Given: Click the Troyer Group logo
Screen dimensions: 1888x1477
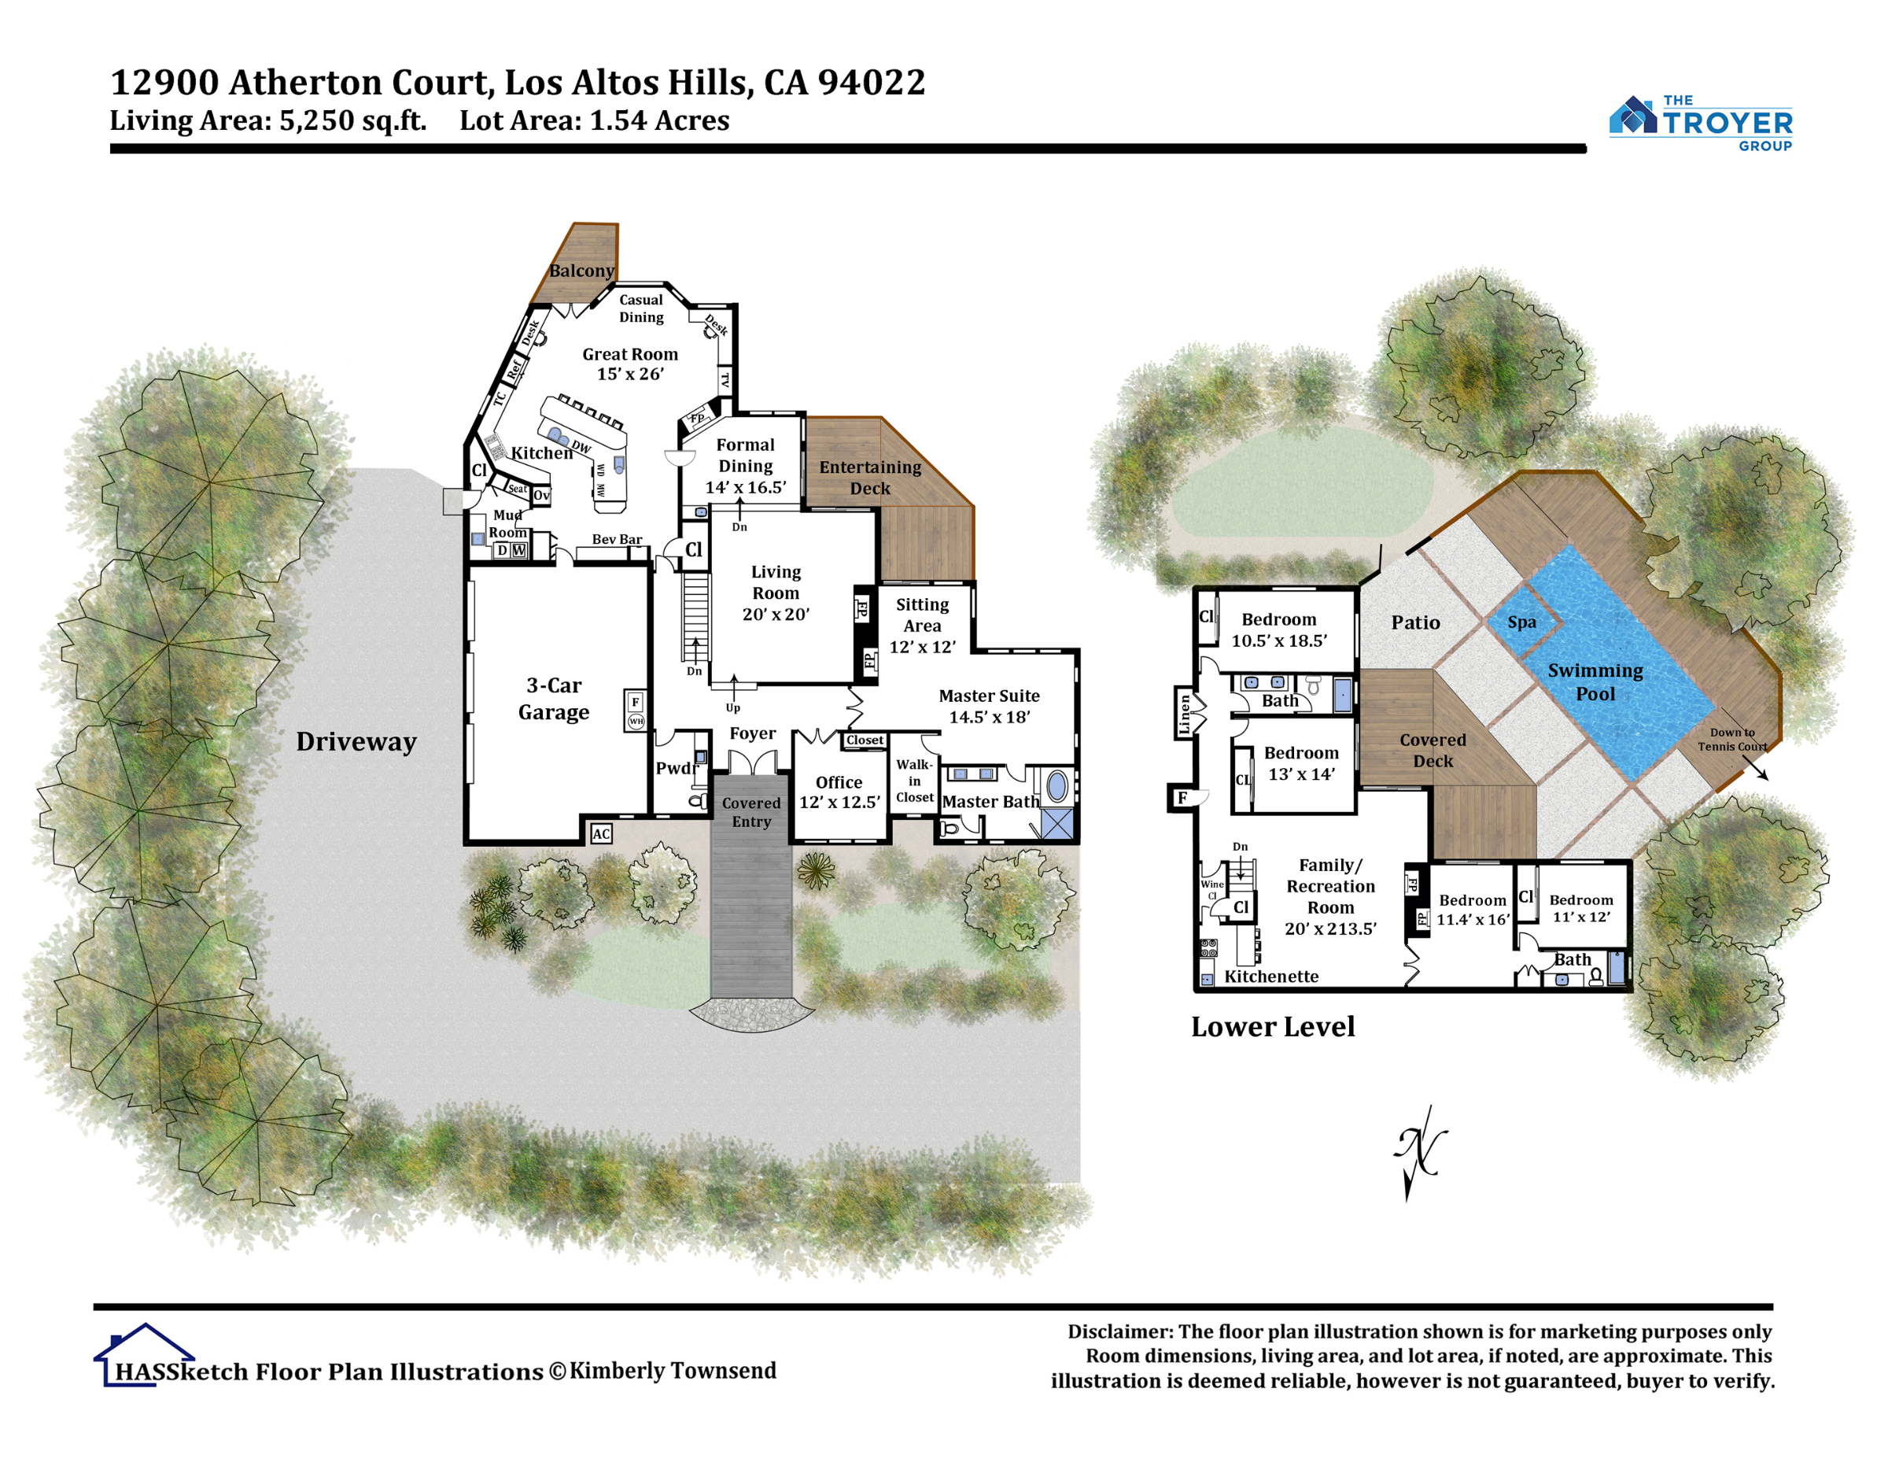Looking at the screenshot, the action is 1701,124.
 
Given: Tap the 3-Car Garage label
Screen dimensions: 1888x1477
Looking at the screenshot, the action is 554,699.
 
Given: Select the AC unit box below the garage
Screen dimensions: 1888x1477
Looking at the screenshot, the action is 601,833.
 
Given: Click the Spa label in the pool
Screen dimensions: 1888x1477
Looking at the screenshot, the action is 1522,622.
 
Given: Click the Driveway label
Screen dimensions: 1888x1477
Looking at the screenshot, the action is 356,742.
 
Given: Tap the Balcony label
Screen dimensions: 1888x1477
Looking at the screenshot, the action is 582,271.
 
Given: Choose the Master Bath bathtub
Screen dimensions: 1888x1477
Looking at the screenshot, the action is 1056,787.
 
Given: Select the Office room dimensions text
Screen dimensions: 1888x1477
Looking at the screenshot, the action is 839,803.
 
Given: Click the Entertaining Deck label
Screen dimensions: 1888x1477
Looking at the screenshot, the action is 871,478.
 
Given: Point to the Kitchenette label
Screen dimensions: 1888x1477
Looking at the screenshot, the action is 1271,977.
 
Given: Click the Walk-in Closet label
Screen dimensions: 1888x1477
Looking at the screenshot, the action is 915,781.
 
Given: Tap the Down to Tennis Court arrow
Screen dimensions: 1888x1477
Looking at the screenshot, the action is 1754,768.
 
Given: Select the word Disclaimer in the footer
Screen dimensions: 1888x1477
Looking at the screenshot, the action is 1119,1331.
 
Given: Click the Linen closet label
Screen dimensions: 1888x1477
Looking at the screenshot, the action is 1184,714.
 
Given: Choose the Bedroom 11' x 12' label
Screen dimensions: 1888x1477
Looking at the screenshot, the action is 1581,908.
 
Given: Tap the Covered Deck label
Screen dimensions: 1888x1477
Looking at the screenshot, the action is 1433,751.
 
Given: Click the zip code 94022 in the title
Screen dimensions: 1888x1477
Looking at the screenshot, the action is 872,83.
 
